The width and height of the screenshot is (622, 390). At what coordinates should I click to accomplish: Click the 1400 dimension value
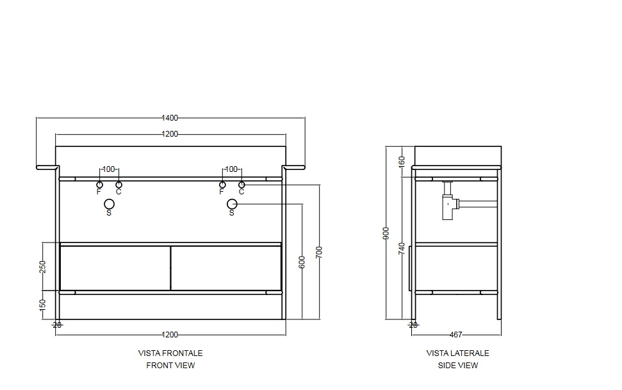click(x=170, y=118)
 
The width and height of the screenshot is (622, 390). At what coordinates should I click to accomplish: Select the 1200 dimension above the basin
click(x=170, y=134)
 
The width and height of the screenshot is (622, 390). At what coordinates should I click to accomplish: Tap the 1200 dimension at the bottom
click(x=170, y=335)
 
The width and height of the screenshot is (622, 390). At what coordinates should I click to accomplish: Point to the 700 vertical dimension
click(x=319, y=253)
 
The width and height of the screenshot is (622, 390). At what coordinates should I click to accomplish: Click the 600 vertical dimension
click(x=302, y=262)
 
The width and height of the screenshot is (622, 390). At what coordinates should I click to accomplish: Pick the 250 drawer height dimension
click(x=43, y=267)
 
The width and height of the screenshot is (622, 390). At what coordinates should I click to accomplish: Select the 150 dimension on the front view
click(x=43, y=305)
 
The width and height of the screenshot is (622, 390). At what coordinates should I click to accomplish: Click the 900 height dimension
click(x=386, y=233)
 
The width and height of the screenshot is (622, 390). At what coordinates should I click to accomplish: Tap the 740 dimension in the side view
click(x=402, y=249)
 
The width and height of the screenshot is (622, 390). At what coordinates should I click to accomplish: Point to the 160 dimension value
click(x=402, y=162)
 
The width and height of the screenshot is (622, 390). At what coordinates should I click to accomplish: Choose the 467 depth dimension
click(x=456, y=335)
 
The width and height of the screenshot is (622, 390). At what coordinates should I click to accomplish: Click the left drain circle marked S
click(x=109, y=204)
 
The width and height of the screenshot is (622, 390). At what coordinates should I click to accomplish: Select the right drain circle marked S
click(x=232, y=204)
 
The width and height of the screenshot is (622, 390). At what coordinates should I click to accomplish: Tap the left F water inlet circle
click(x=99, y=185)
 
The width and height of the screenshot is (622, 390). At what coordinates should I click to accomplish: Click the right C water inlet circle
click(x=241, y=185)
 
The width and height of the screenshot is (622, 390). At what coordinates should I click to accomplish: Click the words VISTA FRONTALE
click(x=170, y=353)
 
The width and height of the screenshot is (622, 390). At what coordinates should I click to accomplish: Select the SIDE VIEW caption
click(x=458, y=366)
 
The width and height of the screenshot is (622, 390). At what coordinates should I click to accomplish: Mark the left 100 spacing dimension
click(x=108, y=169)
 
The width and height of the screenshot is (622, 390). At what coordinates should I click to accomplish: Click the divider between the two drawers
click(x=170, y=268)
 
